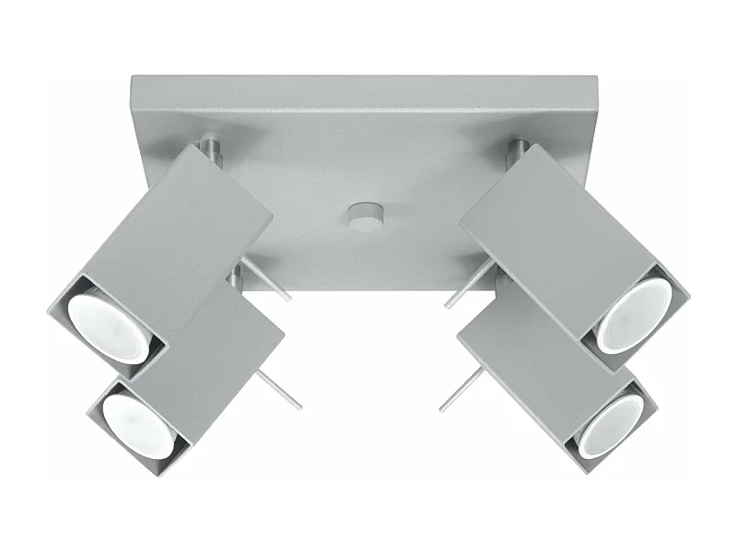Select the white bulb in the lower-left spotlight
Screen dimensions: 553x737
pyautogui.click(x=139, y=425)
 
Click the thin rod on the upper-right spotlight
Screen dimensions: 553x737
pyautogui.click(x=467, y=285)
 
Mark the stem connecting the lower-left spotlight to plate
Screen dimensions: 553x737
pyautogui.click(x=236, y=276)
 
